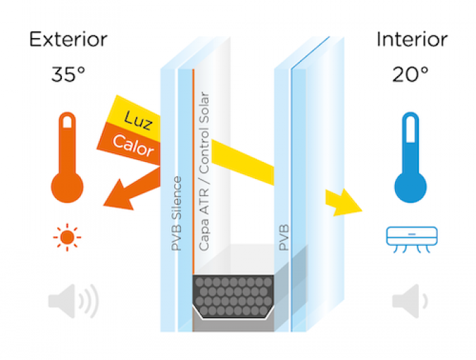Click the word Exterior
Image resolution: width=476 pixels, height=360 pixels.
68,39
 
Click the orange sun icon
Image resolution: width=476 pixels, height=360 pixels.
67,238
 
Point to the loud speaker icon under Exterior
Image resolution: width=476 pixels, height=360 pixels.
72,300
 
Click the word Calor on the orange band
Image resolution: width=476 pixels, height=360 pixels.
134,144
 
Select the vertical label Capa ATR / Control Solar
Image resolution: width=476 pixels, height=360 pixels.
204,170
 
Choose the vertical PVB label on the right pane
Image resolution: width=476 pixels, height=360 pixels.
284,235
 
